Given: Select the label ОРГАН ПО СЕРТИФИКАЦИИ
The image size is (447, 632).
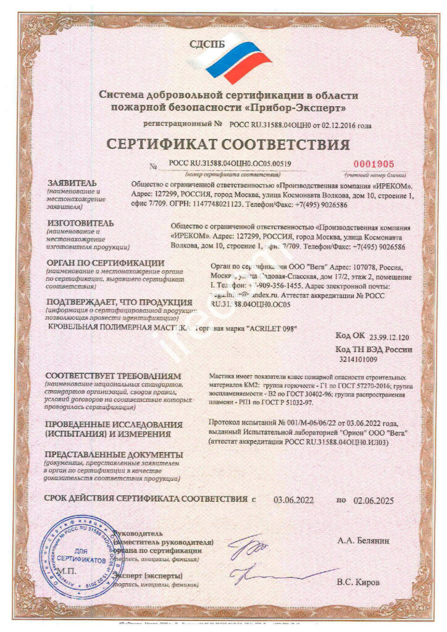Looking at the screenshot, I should point(106,263).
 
